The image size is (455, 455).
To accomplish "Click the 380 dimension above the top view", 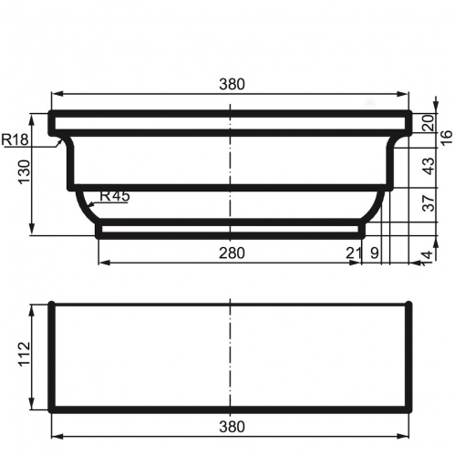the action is (232, 84).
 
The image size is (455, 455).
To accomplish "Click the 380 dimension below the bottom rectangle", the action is (232, 427).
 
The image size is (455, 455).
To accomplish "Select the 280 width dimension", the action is (232, 253).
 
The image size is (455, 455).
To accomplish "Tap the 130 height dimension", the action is (25, 171).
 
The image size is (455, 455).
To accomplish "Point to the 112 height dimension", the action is (25, 355).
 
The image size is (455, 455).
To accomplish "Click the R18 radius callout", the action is (15, 140).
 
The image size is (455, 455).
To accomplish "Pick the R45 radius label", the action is (115, 196).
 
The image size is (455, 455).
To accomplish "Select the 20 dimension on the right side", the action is (428, 122).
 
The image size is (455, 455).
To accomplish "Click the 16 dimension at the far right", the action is (446, 138).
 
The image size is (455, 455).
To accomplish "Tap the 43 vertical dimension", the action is (429, 166).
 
